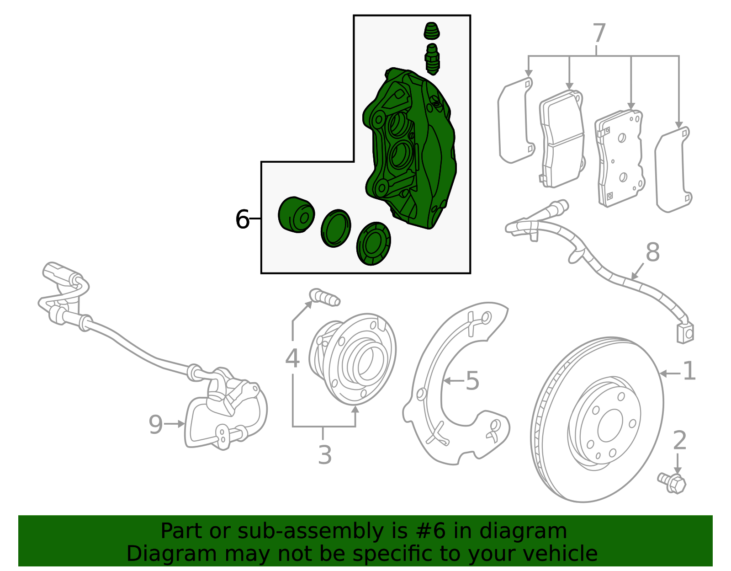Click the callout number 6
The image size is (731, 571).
click(x=242, y=219)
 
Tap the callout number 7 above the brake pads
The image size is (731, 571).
click(x=599, y=34)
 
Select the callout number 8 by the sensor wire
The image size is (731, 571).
click(x=652, y=252)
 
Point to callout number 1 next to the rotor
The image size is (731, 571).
click(x=689, y=371)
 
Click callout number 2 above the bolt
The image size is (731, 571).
click(x=679, y=441)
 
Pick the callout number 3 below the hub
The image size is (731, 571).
click(x=324, y=455)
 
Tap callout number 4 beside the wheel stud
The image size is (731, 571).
click(x=292, y=358)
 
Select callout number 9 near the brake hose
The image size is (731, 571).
click(x=156, y=425)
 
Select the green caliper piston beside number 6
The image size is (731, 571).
click(x=296, y=215)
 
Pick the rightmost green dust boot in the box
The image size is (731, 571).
click(x=374, y=244)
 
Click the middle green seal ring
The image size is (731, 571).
click(x=336, y=229)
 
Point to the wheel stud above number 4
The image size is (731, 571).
click(x=325, y=297)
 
